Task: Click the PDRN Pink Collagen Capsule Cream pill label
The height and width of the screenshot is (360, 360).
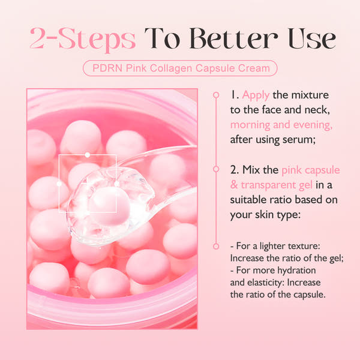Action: pos(179,68)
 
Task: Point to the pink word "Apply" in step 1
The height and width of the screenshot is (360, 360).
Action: pos(257,95)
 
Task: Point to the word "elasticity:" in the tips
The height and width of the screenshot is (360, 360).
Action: pos(255,283)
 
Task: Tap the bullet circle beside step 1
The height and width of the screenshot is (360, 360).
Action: pos(215,95)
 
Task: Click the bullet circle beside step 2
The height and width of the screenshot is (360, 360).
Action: pos(215,170)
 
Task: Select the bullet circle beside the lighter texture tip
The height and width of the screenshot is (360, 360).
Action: pos(215,246)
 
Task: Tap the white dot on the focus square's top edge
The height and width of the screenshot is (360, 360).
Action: pos(88,155)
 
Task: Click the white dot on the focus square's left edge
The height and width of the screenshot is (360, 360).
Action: pos(59,184)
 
